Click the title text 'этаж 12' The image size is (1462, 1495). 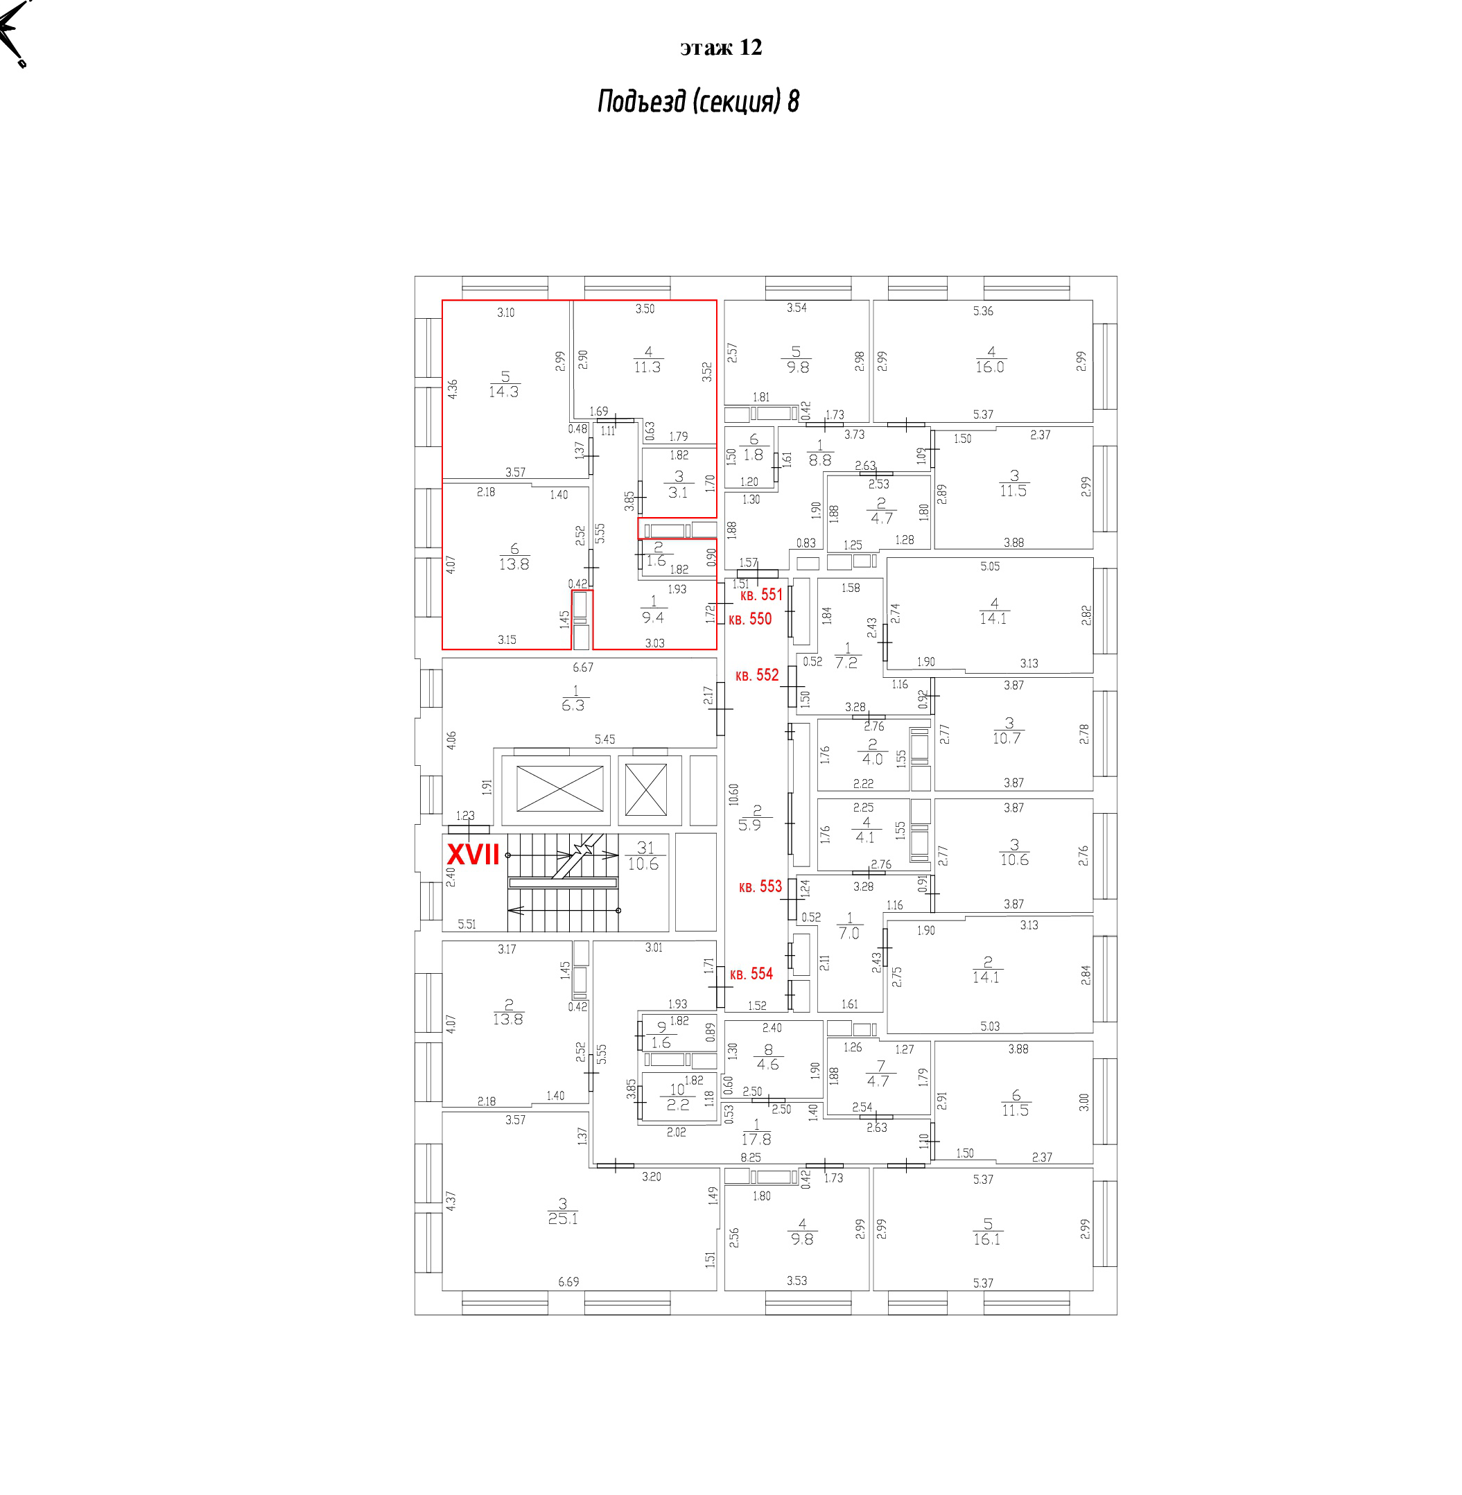[x=720, y=48]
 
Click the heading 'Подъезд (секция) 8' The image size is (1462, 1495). [x=698, y=101]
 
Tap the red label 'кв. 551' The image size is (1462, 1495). [x=761, y=594]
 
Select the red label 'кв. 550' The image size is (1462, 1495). [x=750, y=619]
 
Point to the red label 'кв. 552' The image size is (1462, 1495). [x=757, y=675]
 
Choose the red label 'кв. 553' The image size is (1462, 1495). [x=760, y=886]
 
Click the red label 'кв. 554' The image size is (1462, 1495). [x=751, y=974]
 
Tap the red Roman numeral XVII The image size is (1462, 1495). [x=473, y=855]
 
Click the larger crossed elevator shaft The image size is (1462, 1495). [x=559, y=789]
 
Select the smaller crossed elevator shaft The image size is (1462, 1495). [x=646, y=789]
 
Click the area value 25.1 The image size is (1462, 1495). [x=563, y=1218]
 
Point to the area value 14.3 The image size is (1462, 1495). [x=504, y=392]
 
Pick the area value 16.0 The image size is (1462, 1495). [x=990, y=367]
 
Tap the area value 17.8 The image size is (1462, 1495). [x=756, y=1139]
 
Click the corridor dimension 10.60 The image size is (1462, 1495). [x=733, y=795]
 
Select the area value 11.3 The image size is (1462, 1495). [x=647, y=367]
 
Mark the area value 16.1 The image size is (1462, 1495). [x=986, y=1239]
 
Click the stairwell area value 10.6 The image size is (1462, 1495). [x=643, y=864]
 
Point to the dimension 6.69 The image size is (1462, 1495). [x=568, y=1282]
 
